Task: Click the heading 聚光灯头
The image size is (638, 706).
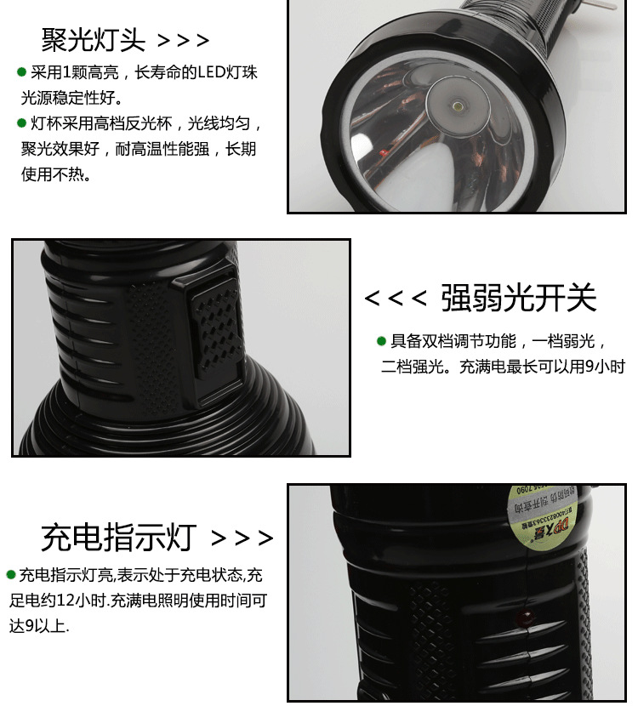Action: click(94, 39)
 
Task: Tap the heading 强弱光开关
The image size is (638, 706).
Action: click(518, 299)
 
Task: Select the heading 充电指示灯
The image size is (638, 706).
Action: click(118, 538)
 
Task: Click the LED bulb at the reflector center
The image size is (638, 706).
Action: click(457, 108)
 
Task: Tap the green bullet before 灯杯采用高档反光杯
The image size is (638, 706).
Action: click(21, 123)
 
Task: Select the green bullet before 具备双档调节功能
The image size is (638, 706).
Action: click(381, 342)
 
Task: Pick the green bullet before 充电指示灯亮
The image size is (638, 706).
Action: click(10, 574)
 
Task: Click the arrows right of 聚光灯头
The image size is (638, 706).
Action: click(183, 40)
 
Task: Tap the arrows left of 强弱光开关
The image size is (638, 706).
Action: click(395, 299)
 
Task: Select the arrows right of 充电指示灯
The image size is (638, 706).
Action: click(242, 538)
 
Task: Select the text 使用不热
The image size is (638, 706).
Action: click(55, 174)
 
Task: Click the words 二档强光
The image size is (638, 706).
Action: click(413, 367)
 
